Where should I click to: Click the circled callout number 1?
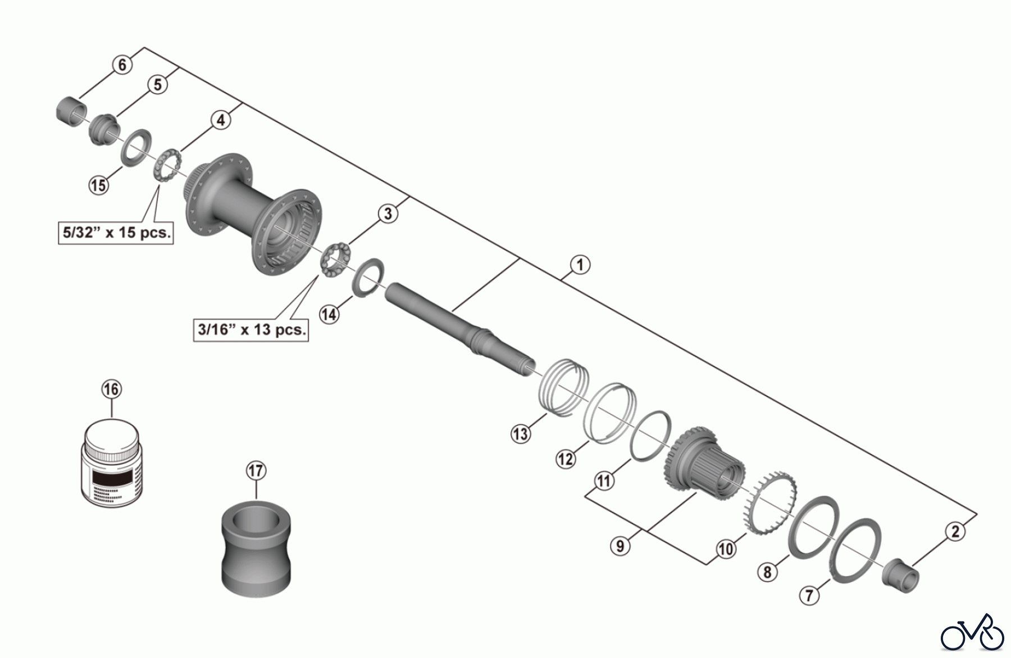pos(580,265)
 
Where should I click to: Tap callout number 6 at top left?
pos(122,65)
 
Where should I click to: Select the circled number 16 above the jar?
pos(111,389)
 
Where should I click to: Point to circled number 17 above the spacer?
pos(256,470)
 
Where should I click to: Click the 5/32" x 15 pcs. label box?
pos(116,232)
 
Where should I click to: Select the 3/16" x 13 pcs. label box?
pos(252,329)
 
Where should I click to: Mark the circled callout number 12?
pos(566,459)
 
